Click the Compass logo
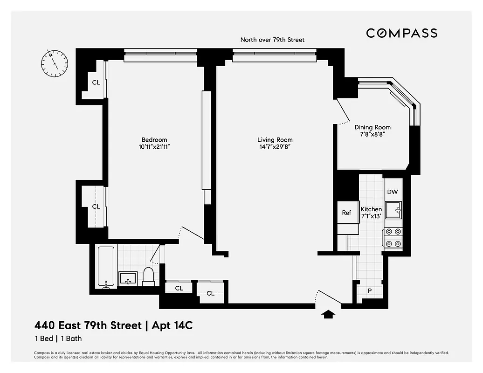(401, 33)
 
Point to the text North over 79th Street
(272, 40)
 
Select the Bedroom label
(154, 140)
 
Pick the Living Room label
(275, 140)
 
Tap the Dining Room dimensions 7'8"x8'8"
(372, 134)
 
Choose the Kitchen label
(371, 209)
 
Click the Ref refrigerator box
(346, 213)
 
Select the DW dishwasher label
(392, 192)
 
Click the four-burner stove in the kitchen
(393, 237)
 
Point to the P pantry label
(370, 291)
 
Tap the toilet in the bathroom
(148, 276)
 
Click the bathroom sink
(127, 278)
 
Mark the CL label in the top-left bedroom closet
(96, 83)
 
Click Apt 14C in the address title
(171, 325)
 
